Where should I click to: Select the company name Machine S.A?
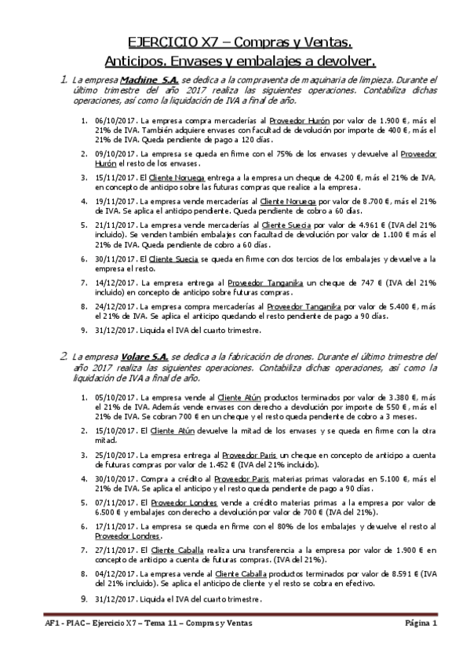[151, 80]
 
